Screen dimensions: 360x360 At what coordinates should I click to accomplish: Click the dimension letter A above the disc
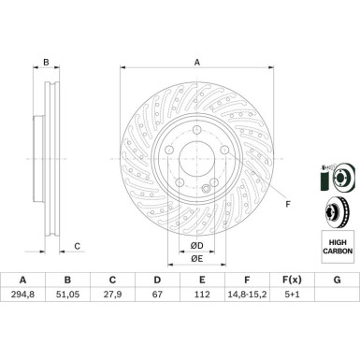[196, 63]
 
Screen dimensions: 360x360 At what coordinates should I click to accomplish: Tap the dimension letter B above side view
[45, 63]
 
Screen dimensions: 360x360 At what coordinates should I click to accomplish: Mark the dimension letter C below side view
[78, 246]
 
